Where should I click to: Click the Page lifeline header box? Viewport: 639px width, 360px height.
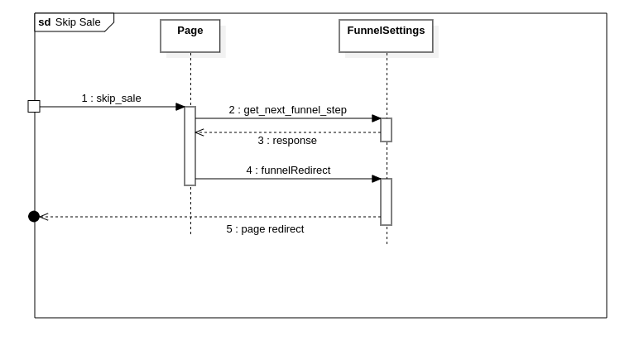tap(190, 36)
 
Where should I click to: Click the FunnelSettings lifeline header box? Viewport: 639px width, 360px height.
tap(386, 36)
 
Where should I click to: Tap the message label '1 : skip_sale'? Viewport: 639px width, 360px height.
tap(111, 98)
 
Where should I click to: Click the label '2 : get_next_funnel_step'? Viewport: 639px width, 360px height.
tap(287, 110)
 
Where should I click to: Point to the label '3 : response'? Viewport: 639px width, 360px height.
tap(286, 141)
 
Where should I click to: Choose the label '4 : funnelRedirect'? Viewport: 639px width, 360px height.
tap(287, 170)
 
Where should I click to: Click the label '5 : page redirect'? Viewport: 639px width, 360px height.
tap(265, 229)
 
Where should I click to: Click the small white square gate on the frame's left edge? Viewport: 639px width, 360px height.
tap(34, 107)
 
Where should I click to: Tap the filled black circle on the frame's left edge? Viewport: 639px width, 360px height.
tap(34, 217)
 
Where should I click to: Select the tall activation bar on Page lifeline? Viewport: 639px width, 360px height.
tap(190, 146)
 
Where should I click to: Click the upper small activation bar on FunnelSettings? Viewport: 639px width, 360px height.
tap(386, 130)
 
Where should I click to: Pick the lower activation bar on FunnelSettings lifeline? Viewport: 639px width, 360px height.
tap(386, 202)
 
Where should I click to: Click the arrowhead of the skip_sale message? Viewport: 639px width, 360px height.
tap(180, 107)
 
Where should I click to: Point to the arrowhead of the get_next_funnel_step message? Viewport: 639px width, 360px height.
tap(376, 118)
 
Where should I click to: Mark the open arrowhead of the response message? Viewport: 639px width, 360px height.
tap(199, 132)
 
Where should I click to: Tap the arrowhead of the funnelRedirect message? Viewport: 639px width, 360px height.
tap(376, 179)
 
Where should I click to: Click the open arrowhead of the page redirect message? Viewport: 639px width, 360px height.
tap(44, 217)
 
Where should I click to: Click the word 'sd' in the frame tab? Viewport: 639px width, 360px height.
tap(45, 22)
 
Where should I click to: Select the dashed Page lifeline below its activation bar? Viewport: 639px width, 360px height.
tap(190, 210)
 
